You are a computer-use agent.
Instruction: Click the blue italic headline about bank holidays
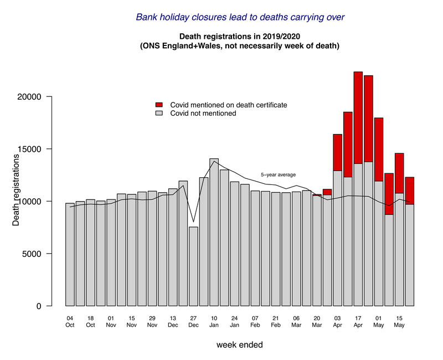(x=240, y=17)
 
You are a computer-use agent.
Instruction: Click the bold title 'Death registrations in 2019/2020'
(x=239, y=37)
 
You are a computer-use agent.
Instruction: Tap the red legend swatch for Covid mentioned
(x=159, y=105)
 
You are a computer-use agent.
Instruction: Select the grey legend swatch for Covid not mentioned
(x=159, y=114)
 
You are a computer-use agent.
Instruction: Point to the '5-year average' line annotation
(x=278, y=175)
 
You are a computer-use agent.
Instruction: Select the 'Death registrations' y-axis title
(x=17, y=191)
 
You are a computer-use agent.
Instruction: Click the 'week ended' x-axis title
(x=239, y=344)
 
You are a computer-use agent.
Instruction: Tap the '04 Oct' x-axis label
(x=70, y=322)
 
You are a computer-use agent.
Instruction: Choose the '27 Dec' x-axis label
(x=193, y=322)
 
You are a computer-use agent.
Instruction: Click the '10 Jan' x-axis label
(x=214, y=322)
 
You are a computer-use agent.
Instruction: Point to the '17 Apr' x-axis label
(x=358, y=322)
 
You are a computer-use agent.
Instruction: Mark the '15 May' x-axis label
(x=399, y=322)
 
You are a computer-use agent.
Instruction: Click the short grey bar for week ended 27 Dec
(x=193, y=266)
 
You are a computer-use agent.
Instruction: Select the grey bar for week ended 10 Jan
(x=214, y=232)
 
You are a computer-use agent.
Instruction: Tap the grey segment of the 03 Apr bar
(x=338, y=238)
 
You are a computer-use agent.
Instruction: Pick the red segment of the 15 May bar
(x=399, y=173)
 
